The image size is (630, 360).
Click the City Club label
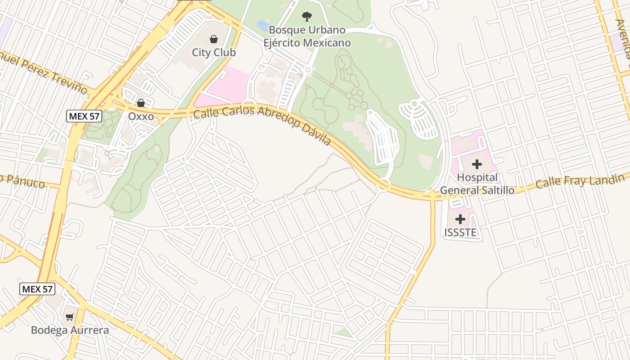pos(214,53)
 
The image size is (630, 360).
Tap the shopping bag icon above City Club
pos(214,40)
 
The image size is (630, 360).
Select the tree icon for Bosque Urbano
pos(306,17)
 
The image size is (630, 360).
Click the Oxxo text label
pos(141,117)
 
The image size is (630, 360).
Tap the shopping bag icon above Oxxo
pos(141,103)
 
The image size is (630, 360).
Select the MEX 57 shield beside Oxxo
pos(84,116)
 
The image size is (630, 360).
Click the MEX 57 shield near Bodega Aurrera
pos(37,289)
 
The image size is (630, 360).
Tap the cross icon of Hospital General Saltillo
pos(477,164)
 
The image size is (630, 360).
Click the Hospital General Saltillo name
pos(477,184)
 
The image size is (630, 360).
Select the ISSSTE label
pos(460,233)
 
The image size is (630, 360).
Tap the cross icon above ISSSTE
pos(460,219)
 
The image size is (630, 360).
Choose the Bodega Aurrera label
pos(70,330)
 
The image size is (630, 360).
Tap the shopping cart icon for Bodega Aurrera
pos(69,317)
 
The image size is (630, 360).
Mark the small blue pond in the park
pos(262,23)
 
